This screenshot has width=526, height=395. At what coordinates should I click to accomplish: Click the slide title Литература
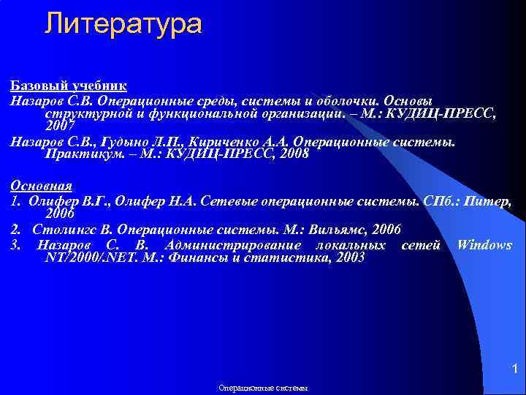point(122,23)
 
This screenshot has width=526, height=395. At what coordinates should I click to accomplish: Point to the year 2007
point(60,127)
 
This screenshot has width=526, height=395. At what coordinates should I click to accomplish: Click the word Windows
point(484,245)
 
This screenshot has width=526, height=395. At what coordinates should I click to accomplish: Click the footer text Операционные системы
point(264,388)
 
